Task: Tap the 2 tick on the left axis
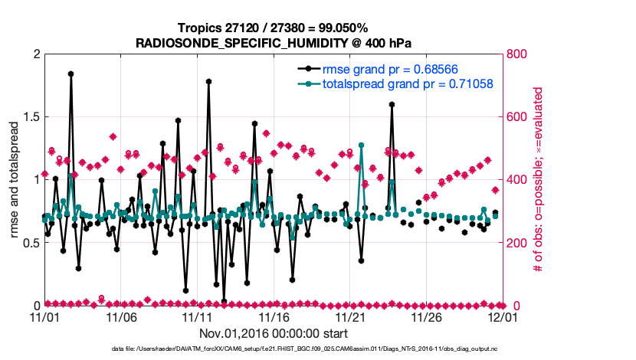35,54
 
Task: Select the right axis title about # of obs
539,180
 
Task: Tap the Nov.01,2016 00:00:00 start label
274,333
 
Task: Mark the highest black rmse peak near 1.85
70,74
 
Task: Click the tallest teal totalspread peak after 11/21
360,145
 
